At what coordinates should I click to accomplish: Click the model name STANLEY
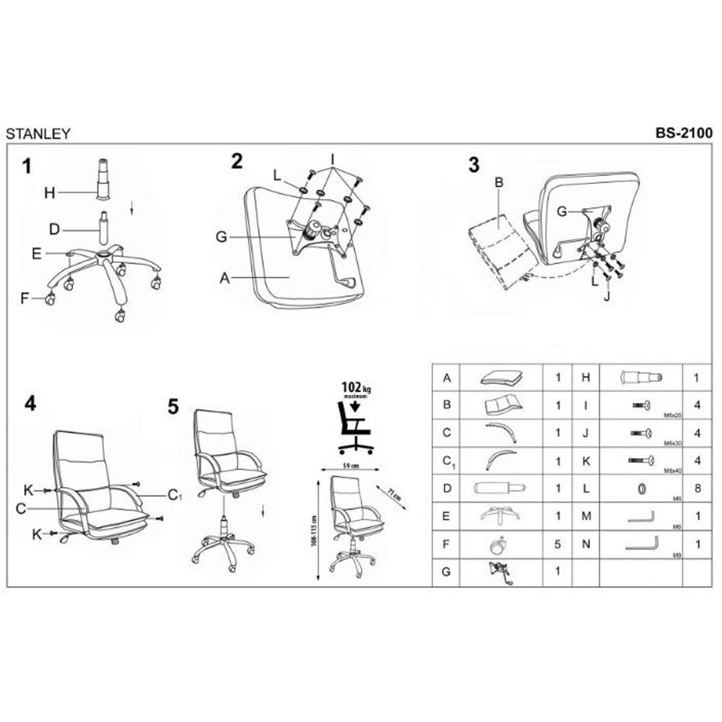[x=38, y=134]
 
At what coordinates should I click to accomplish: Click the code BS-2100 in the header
[x=684, y=133]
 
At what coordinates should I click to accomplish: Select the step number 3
[x=474, y=165]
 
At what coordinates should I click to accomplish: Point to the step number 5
[x=173, y=407]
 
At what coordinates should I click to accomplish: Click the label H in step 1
[x=49, y=193]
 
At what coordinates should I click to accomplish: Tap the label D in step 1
[x=53, y=230]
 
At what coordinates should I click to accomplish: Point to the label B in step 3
[x=498, y=183]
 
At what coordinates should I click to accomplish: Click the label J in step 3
[x=606, y=296]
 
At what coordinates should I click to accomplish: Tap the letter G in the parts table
[x=447, y=573]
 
